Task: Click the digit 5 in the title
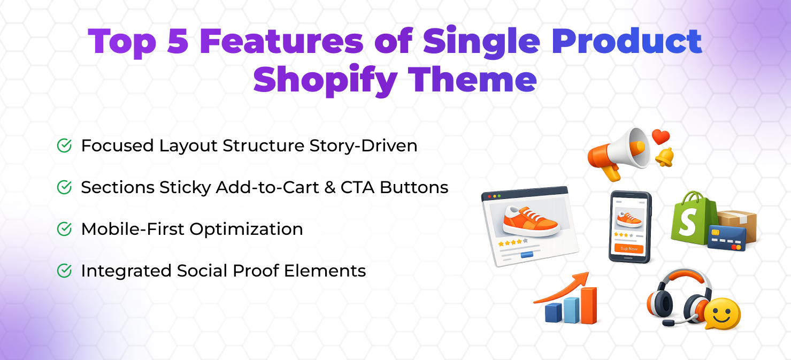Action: click(x=177, y=41)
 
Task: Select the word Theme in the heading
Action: click(x=472, y=79)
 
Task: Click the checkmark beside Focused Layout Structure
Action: click(x=64, y=145)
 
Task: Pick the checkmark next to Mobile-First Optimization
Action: click(x=64, y=229)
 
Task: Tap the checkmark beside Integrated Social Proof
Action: click(x=64, y=271)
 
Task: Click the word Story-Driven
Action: click(x=363, y=146)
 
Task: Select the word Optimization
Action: click(x=246, y=229)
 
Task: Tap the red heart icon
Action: click(x=661, y=136)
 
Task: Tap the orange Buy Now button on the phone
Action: click(x=629, y=248)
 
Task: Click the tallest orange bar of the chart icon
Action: click(x=589, y=305)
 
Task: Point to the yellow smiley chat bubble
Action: click(x=722, y=313)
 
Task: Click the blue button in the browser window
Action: click(x=527, y=255)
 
